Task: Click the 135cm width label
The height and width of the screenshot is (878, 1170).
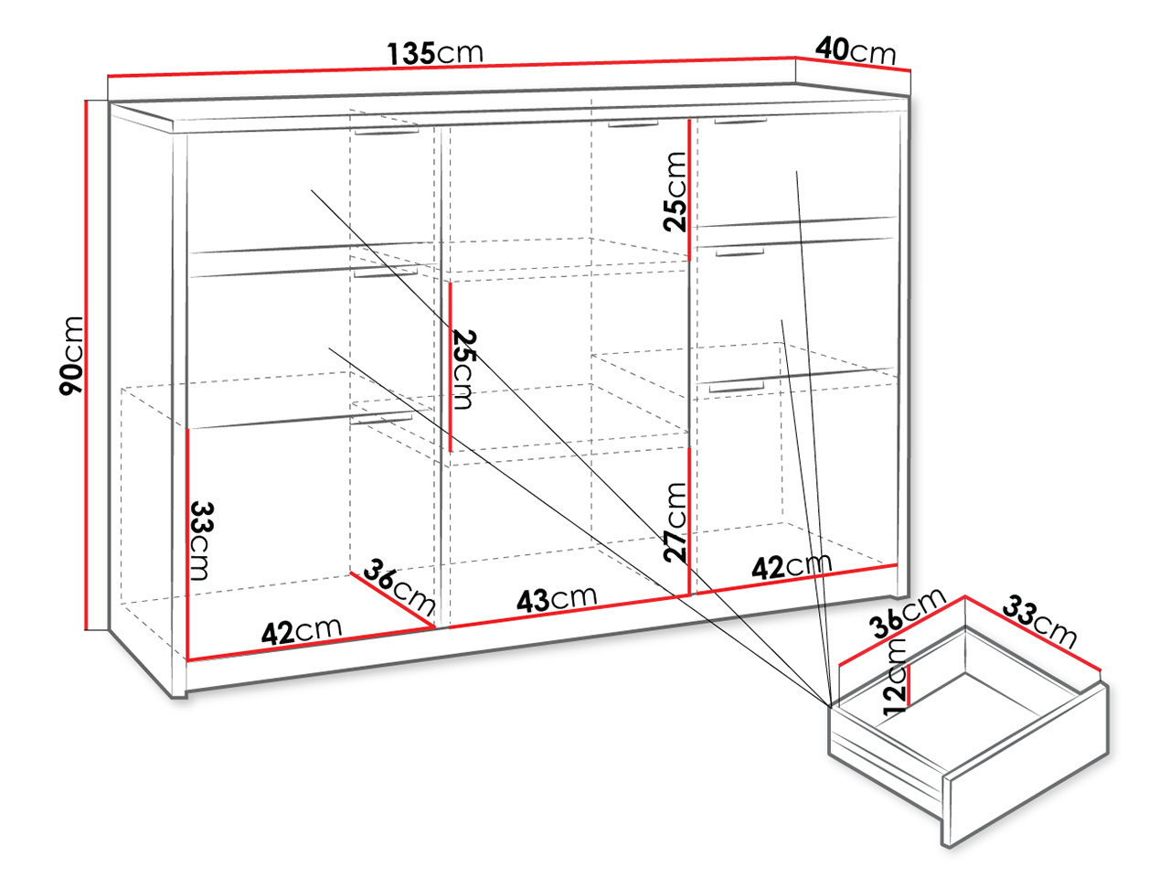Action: [x=434, y=53]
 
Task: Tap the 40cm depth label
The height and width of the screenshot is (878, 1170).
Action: [x=855, y=51]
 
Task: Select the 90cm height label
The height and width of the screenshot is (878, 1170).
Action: [x=71, y=356]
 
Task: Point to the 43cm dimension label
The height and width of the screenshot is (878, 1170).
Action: [x=557, y=599]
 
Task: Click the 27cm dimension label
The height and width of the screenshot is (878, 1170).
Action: [x=675, y=522]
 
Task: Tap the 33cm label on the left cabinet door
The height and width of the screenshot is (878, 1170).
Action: [x=201, y=541]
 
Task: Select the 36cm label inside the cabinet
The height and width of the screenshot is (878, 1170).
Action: [x=399, y=586]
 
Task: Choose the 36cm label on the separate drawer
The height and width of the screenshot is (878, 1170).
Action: [x=908, y=613]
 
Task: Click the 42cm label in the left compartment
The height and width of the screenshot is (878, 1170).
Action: [x=301, y=631]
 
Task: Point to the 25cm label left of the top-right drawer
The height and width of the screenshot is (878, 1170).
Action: [x=675, y=192]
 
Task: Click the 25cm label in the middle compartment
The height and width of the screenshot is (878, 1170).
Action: [x=463, y=369]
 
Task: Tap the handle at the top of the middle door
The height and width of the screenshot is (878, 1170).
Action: [x=633, y=124]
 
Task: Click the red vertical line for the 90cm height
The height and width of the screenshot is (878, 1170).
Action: [x=85, y=365]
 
